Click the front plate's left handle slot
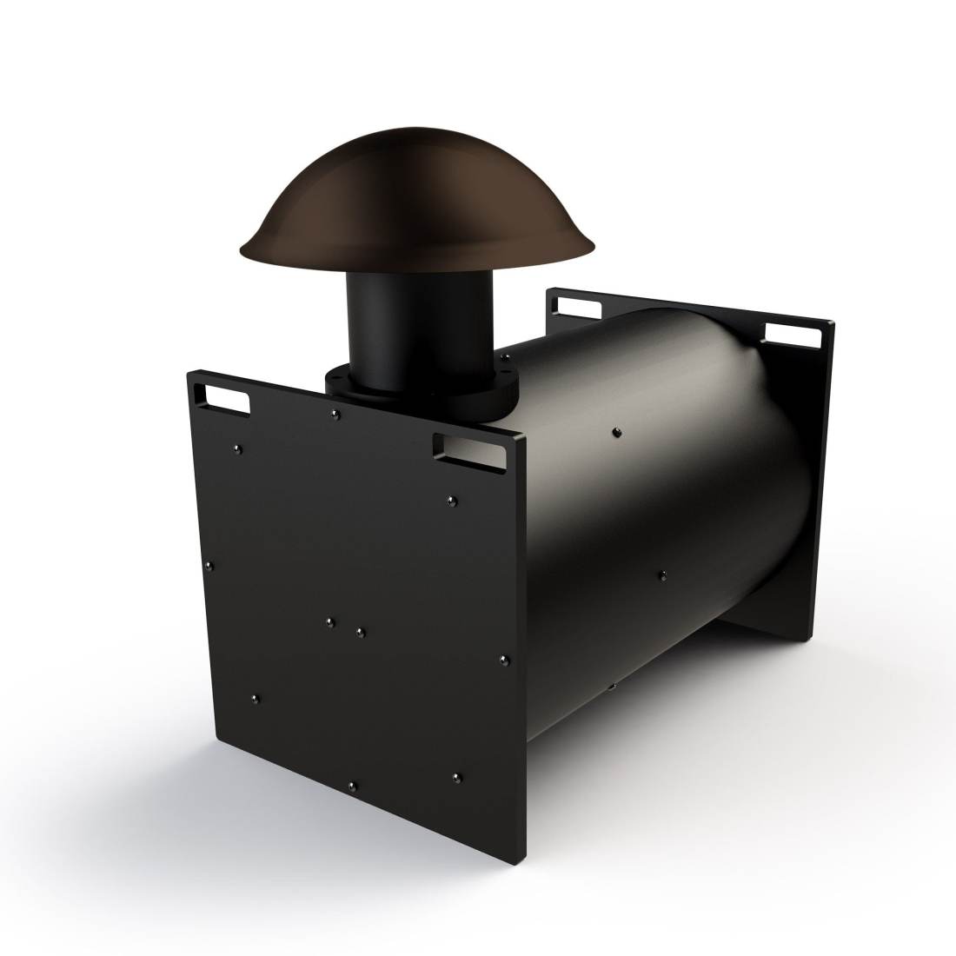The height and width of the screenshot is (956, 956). coord(223,399)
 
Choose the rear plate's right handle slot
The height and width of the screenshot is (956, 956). coord(793,331)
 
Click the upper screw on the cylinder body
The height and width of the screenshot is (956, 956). coord(616,431)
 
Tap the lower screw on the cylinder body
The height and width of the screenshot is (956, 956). coord(662,574)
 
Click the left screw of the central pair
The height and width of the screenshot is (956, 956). coord(329,621)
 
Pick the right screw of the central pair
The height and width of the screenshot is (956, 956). coord(360,628)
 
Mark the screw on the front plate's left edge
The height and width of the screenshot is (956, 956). coord(209,565)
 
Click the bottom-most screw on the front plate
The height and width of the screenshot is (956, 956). coord(352,786)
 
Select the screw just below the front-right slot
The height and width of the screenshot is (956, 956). coord(451,500)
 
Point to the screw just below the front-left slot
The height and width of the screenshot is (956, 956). coord(237,448)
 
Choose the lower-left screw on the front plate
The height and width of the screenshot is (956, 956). coord(255,697)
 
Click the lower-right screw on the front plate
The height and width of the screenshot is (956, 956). coord(458,773)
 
